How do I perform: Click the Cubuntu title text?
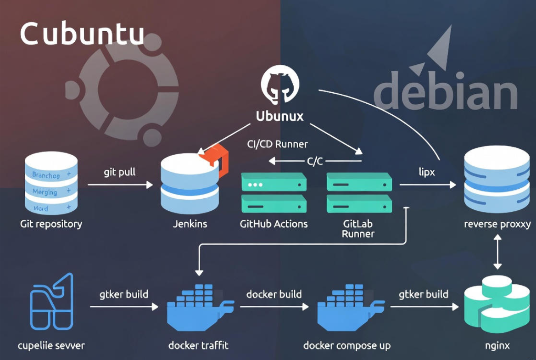(82, 34)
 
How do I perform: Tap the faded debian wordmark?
(445, 95)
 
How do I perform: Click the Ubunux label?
(280, 116)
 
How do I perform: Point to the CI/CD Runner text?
(277, 144)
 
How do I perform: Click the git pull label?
(120, 172)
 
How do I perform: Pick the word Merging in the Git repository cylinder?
(45, 192)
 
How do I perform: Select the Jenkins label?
(190, 224)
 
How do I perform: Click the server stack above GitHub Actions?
(274, 193)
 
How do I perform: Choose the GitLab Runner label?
(358, 229)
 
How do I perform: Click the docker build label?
(274, 294)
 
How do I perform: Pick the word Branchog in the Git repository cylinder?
(45, 175)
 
